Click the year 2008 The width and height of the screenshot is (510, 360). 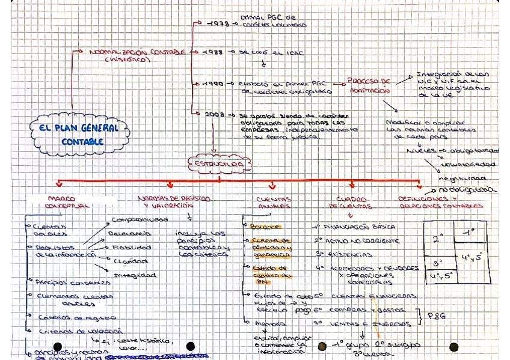[x=214, y=115]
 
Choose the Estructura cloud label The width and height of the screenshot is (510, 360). [x=218, y=162]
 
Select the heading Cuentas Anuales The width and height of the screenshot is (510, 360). [x=273, y=202]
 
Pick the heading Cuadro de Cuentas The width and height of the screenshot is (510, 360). [x=351, y=202]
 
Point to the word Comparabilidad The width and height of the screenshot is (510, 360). [x=140, y=220]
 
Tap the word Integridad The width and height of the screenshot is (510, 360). [x=138, y=275]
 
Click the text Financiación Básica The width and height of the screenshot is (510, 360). [x=360, y=228]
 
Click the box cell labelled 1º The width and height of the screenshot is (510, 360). [x=471, y=232]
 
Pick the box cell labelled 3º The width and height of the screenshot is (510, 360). [x=438, y=263]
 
